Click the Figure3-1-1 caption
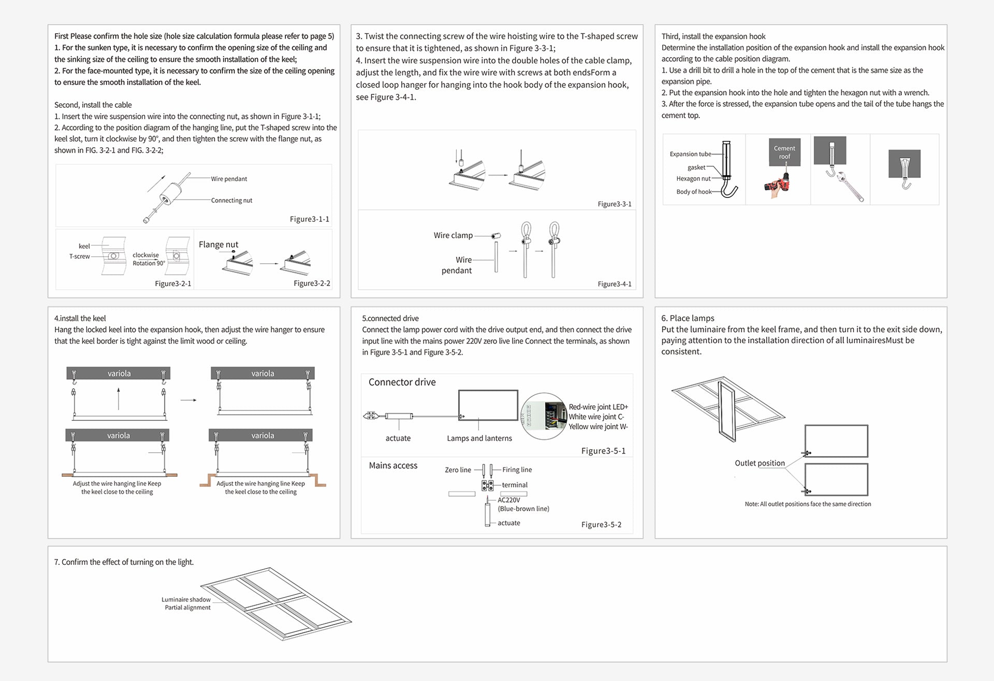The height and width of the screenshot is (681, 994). pyautogui.click(x=309, y=219)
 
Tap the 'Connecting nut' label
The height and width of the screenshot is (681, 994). pyautogui.click(x=231, y=201)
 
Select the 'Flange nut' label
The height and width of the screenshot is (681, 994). pyautogui.click(x=218, y=245)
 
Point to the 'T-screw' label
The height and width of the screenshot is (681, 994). pyautogui.click(x=79, y=257)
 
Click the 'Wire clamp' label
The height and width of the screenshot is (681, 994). pyautogui.click(x=453, y=235)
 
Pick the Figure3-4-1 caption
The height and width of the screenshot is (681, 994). pyautogui.click(x=614, y=284)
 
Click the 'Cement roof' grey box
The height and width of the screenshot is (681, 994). pyautogui.click(x=784, y=152)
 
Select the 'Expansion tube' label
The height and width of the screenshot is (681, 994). pyautogui.click(x=690, y=154)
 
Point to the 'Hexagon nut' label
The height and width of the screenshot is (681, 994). pyautogui.click(x=693, y=179)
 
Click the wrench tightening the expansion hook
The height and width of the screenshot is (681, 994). pyautogui.click(x=850, y=188)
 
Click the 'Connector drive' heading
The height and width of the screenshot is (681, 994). pyautogui.click(x=402, y=382)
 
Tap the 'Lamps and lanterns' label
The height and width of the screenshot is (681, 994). pyautogui.click(x=479, y=438)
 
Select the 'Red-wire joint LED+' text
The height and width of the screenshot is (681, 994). pyautogui.click(x=598, y=407)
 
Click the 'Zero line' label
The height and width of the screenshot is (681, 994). pyautogui.click(x=458, y=470)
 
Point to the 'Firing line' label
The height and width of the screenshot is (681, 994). pyautogui.click(x=517, y=470)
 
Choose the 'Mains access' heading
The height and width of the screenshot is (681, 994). pyautogui.click(x=393, y=466)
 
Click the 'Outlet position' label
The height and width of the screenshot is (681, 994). pyautogui.click(x=759, y=463)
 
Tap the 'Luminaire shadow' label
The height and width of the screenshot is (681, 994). pyautogui.click(x=186, y=600)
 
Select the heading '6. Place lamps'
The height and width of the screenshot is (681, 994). pyautogui.click(x=688, y=318)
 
